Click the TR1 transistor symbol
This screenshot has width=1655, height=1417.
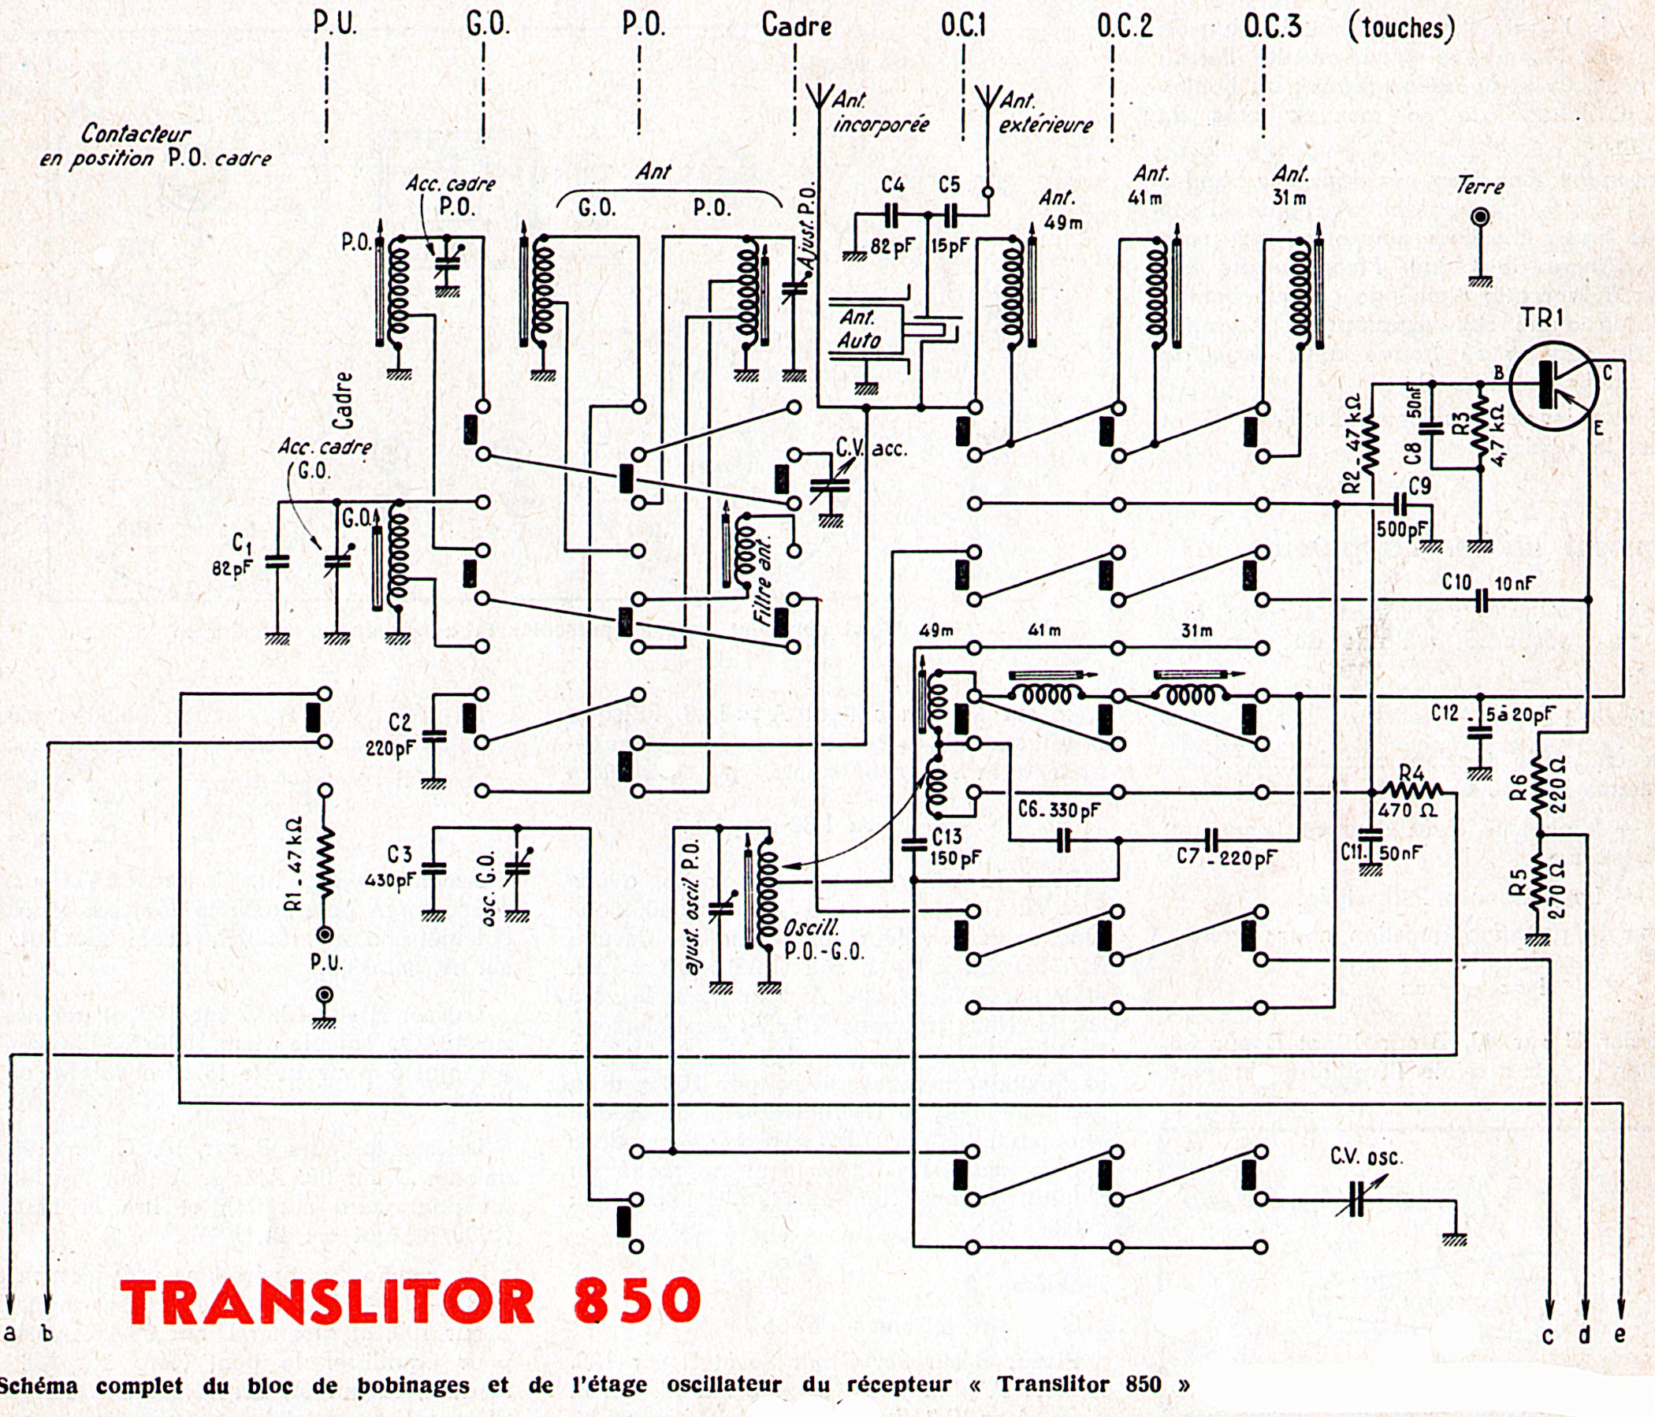tap(1553, 387)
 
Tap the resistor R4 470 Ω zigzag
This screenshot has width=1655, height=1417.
tap(1413, 791)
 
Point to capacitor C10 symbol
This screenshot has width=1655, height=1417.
tap(1482, 600)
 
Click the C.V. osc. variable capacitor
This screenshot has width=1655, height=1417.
tap(1356, 1199)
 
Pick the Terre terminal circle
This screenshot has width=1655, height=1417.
tap(1482, 218)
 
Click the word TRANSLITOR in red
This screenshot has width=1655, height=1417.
tap(328, 1301)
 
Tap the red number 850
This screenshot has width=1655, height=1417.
tap(636, 1301)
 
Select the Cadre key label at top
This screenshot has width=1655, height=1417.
tap(796, 25)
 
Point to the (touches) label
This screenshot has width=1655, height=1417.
tap(1401, 28)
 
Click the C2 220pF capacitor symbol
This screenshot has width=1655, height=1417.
tap(433, 736)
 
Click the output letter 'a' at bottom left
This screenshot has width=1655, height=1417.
tap(10, 1333)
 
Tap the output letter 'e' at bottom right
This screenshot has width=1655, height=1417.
tap(1620, 1334)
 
